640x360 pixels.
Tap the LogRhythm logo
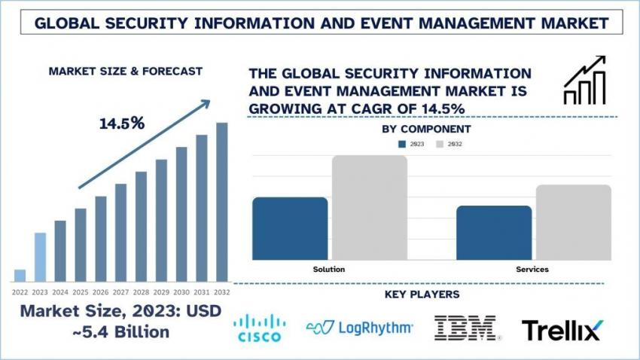(x=359, y=327)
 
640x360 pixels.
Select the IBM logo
(x=465, y=328)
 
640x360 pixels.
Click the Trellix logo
(x=561, y=328)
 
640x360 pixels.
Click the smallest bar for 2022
(x=20, y=275)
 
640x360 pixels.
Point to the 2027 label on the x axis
(x=120, y=291)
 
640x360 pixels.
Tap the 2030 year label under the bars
(x=181, y=291)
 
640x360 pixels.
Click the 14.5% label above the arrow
(x=122, y=124)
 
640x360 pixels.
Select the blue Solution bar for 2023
(x=290, y=228)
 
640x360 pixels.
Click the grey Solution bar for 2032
(x=369, y=207)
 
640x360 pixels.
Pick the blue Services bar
(x=494, y=232)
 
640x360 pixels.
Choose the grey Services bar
(x=574, y=222)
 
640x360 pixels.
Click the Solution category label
(x=329, y=269)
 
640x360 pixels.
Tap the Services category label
(x=532, y=269)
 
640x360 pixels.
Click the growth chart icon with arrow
(x=585, y=80)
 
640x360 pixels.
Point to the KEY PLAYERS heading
(x=422, y=294)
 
